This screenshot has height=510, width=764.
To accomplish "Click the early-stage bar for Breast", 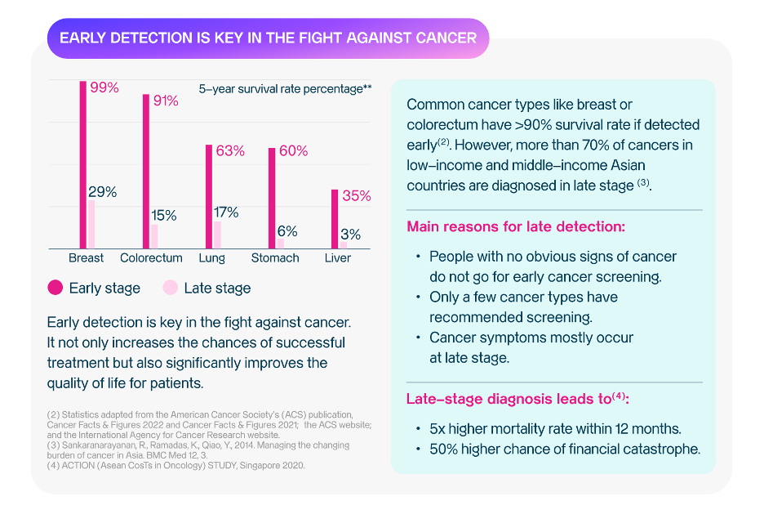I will (x=83, y=163).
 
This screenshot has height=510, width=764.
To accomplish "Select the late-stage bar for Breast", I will (x=91, y=224).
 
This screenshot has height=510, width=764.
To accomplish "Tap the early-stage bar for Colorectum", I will (x=146, y=171).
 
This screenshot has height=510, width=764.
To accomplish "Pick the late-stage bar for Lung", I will (x=217, y=235).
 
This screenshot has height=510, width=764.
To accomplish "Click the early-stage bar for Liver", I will (x=335, y=218).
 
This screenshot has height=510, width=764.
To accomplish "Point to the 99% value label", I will (x=103, y=87).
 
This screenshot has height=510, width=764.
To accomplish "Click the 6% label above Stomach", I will (x=286, y=231).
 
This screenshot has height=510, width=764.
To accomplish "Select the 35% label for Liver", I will (x=357, y=196).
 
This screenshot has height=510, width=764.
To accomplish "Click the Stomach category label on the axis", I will (x=275, y=258).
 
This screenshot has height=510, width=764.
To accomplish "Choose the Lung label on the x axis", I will (x=212, y=258).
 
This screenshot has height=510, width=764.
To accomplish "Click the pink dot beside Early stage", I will (x=56, y=288).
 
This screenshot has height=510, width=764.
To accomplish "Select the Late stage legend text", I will (x=217, y=288).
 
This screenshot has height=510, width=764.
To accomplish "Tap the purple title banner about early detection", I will (x=268, y=38).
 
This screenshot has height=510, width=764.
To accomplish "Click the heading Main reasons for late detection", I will (x=516, y=226).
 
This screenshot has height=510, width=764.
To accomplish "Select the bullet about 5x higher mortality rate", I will (x=555, y=428).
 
